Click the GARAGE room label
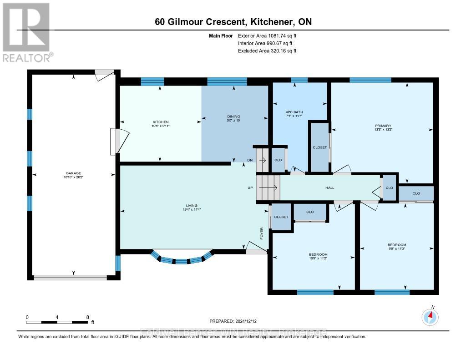coord(73,173)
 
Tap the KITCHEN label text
coord(161,122)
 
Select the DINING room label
coord(233,117)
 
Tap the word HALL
coord(329,188)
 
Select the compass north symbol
coord(430,316)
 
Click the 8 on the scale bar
coord(87,317)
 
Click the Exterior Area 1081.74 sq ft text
coord(268,35)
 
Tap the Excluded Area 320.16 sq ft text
coord(267,51)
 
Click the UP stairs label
coord(249,188)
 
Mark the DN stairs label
coord(250,160)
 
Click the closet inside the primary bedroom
coord(319,147)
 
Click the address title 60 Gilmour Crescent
coord(233,21)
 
